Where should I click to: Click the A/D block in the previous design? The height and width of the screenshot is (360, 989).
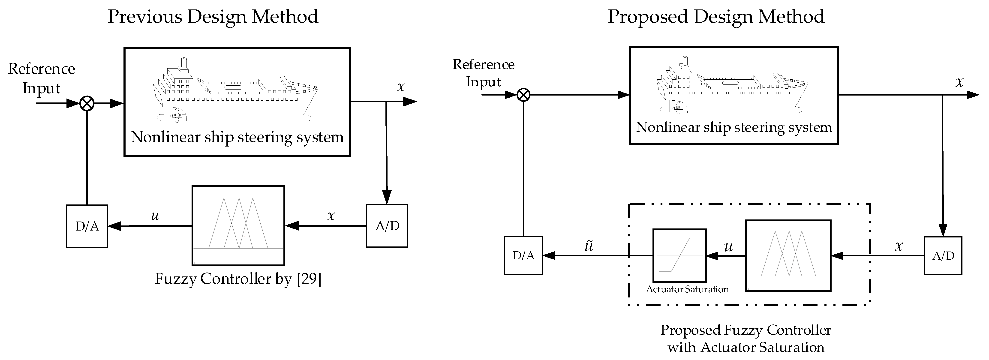(387, 226)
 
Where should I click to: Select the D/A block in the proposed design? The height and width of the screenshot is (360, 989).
(523, 256)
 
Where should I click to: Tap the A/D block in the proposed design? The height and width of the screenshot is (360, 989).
(943, 256)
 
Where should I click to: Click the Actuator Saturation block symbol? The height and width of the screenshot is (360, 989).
(679, 256)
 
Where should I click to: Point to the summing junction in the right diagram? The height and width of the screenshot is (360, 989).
(523, 95)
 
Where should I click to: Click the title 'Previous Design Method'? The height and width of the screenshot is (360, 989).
(213, 17)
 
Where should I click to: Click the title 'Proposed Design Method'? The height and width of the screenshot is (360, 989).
(716, 17)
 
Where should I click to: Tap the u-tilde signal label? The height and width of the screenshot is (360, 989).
(589, 246)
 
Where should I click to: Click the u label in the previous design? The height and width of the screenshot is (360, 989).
(155, 216)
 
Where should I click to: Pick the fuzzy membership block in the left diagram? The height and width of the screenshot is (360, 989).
(238, 226)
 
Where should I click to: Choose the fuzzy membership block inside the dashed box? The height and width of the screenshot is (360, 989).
(788, 256)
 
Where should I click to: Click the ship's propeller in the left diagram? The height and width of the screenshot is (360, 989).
(176, 115)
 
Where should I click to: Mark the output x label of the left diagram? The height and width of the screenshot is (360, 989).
(401, 87)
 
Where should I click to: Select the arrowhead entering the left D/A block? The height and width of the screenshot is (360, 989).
(114, 226)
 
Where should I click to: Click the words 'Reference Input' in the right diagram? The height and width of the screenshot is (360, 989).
(483, 73)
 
